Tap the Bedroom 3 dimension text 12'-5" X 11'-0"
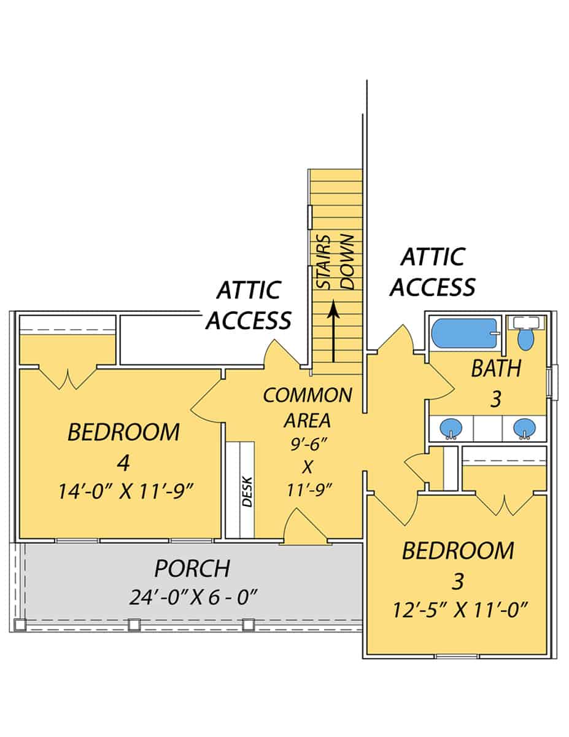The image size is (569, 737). tap(457, 610)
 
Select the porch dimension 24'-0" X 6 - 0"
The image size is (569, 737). tap(192, 596)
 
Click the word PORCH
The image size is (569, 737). tap(192, 569)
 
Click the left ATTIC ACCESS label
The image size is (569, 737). tap(248, 305)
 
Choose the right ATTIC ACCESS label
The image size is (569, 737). tap(432, 271)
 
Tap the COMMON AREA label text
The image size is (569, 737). tap(308, 408)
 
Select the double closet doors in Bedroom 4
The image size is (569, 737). tap(68, 378)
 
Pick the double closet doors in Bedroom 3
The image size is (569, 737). tap(505, 504)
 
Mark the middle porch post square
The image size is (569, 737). tap(134, 625)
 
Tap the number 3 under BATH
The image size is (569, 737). tap(496, 399)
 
